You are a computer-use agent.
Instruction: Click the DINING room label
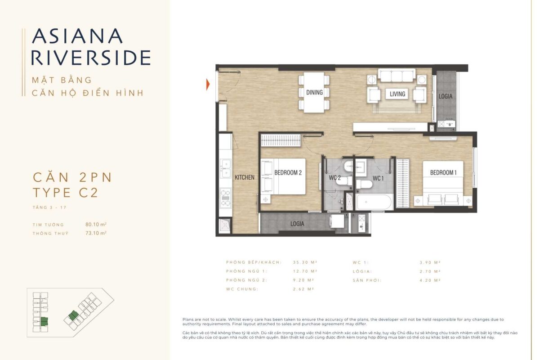tap(314, 92)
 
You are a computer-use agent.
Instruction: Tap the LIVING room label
tap(397, 94)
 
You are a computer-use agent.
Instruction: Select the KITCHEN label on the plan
tap(245, 177)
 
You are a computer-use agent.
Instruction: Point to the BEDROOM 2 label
tap(288, 172)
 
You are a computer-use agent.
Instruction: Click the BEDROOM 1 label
tap(443, 172)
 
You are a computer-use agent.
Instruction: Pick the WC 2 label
tap(334, 178)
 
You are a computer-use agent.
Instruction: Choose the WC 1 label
tap(378, 178)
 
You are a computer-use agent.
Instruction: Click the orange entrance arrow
tap(208, 84)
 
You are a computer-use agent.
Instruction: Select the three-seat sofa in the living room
tap(397, 75)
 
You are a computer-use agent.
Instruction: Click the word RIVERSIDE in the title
tap(91, 58)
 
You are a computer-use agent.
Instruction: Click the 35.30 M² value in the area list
tap(305, 262)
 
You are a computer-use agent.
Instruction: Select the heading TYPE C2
tap(65, 193)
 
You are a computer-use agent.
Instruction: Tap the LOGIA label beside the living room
tap(446, 96)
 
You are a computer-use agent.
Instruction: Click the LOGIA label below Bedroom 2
tap(297, 224)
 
